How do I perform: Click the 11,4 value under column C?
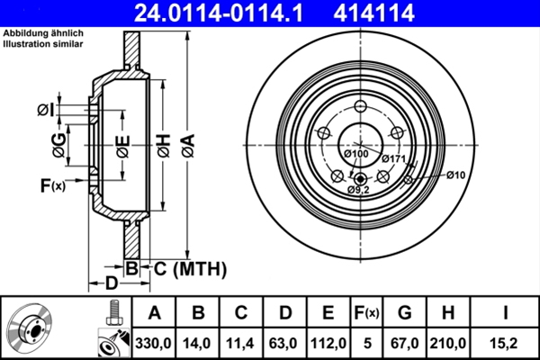(242, 343)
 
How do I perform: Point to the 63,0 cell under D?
(285, 343)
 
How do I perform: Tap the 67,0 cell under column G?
(405, 343)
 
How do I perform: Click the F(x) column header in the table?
(368, 313)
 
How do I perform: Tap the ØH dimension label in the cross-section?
(163, 141)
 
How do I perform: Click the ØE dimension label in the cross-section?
(122, 142)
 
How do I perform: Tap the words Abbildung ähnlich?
(40, 33)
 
